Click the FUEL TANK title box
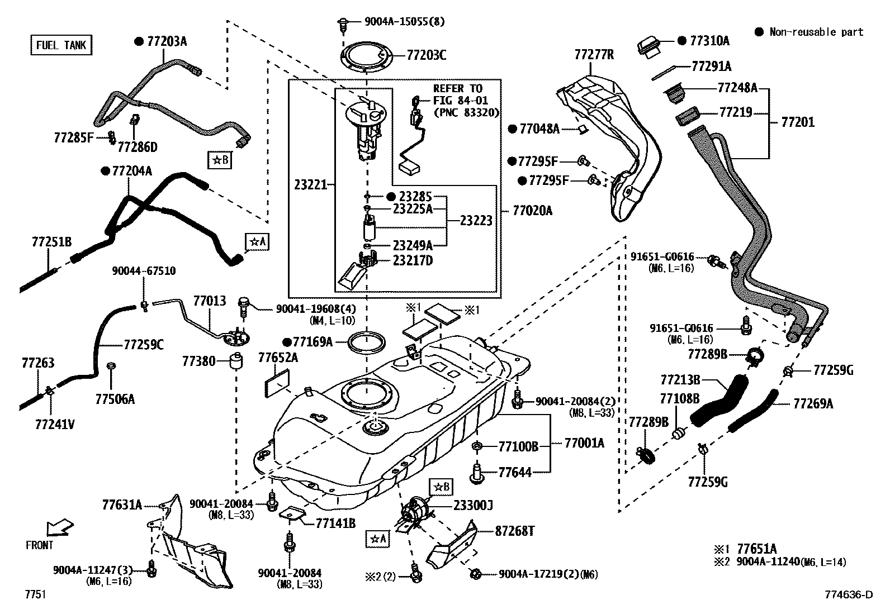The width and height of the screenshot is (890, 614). coord(61,45)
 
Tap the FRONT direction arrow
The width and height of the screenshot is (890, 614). coord(59,527)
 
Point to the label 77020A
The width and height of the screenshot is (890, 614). coord(532,211)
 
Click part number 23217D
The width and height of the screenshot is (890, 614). coord(413,260)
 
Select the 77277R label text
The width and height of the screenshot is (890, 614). coord(594,55)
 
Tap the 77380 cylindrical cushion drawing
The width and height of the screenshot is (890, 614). coord(237,361)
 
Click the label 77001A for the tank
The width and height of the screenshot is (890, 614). coord(584,443)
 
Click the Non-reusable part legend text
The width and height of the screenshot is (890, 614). coord(816,32)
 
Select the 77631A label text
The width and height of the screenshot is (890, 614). coord(122,505)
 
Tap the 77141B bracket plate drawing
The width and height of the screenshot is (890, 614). coord(292,515)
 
